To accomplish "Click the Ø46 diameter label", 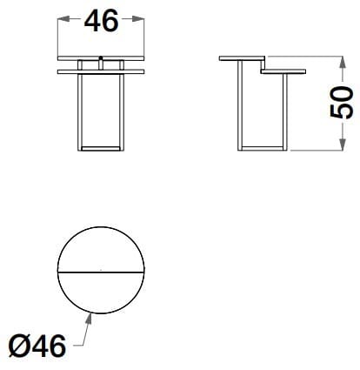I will point(37,346).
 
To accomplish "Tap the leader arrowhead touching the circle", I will point(89,314).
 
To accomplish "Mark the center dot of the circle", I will point(101,271).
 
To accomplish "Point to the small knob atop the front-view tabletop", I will point(102,61).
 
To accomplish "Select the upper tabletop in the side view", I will point(242,59).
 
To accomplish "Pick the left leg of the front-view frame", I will point(80,109).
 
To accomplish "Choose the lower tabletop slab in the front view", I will point(101,71).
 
